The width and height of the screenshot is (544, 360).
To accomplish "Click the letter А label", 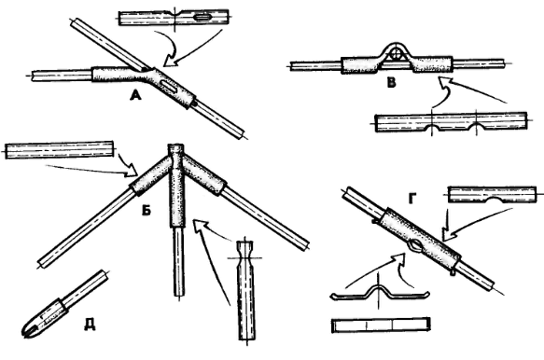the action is point(135,95).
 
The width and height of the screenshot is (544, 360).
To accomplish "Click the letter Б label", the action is point(146,209).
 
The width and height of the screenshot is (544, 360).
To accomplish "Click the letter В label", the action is point(391,83).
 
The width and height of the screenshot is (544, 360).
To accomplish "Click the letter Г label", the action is point(412,199).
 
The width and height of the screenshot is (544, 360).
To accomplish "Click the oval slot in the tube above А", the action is point(202,17).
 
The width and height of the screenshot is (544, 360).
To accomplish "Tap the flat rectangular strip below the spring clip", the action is point(381,325).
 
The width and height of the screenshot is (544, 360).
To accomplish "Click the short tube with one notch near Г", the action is point(492,195).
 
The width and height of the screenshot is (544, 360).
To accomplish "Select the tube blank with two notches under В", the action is point(451,122).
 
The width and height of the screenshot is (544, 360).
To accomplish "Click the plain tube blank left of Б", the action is point(60,150).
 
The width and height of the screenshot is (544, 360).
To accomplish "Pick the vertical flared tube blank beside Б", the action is point(246,290).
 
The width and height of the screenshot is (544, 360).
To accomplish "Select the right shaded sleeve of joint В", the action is point(433,64).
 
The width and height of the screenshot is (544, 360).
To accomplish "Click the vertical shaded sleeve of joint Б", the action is point(177,191).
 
